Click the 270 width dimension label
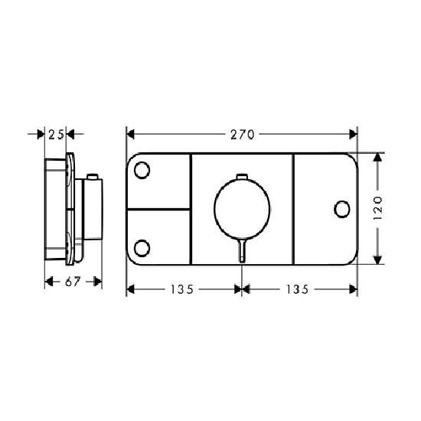(x=242, y=135)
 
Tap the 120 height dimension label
(x=378, y=208)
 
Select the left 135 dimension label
(x=182, y=289)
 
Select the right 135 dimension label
(x=298, y=289)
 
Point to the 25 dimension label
(x=56, y=135)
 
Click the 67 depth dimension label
(x=73, y=282)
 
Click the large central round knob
(x=242, y=209)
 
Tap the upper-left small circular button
(x=142, y=170)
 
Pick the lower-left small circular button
(x=142, y=248)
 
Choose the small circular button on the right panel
(x=342, y=209)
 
